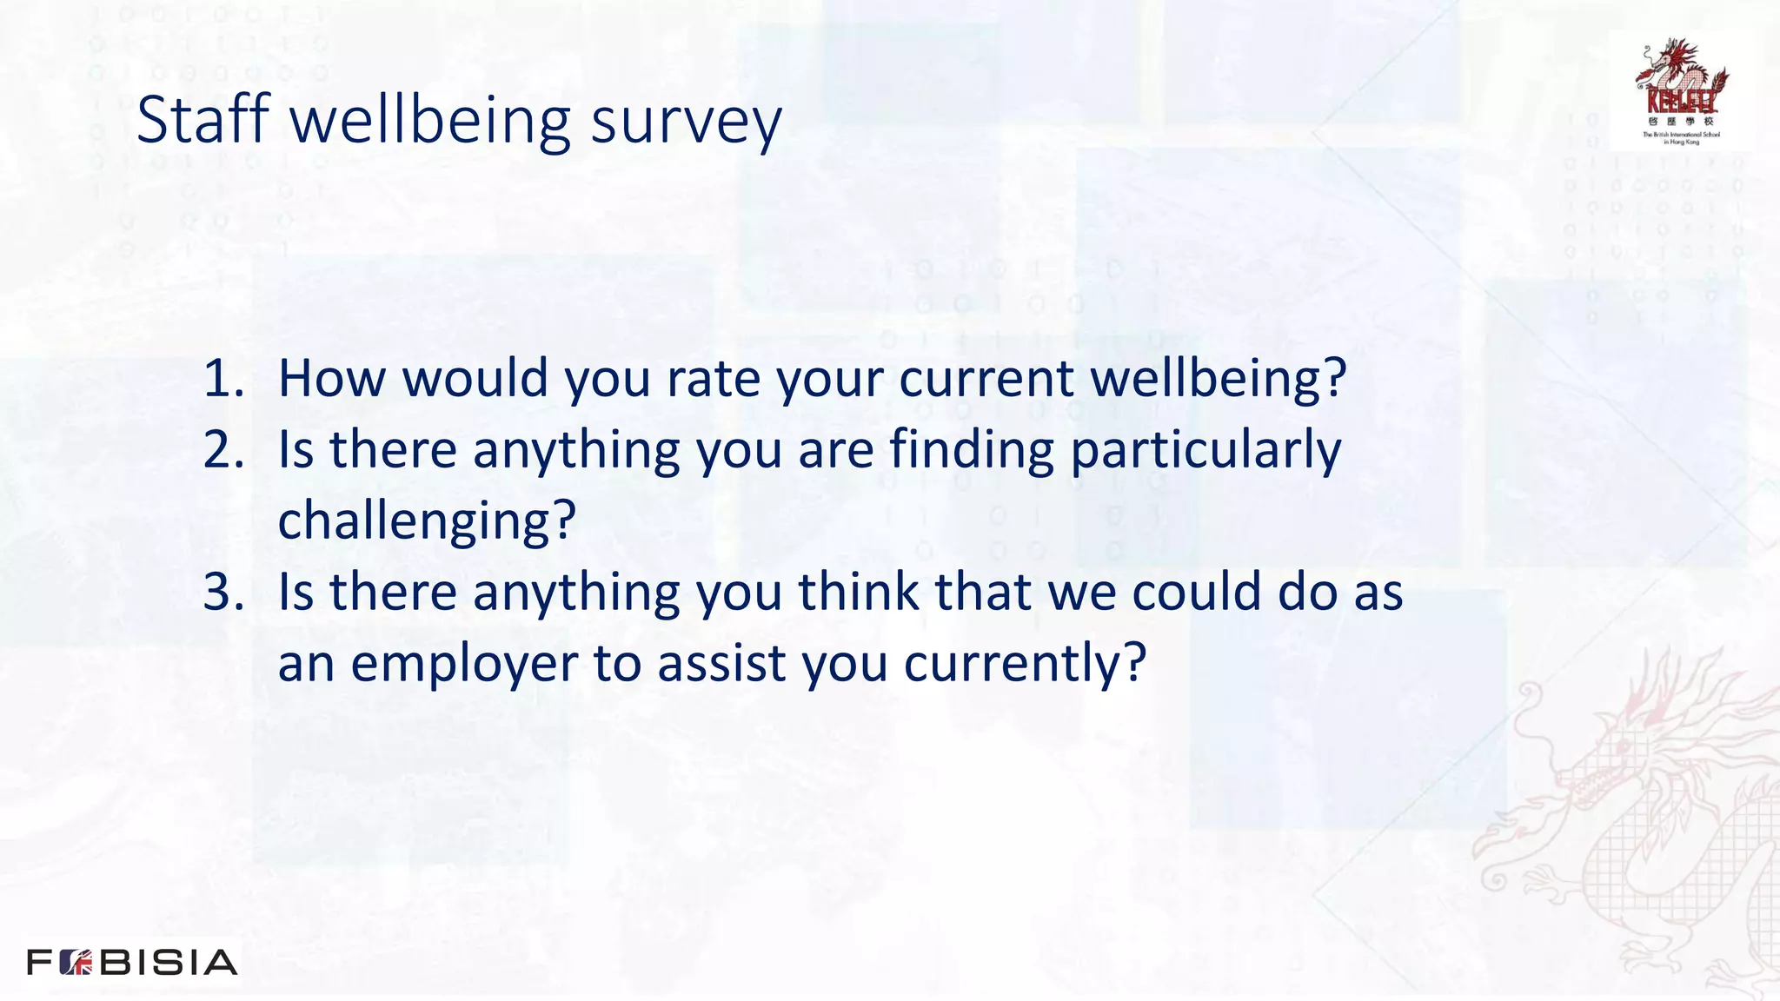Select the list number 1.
pos(222,379)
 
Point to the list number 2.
pos(222,450)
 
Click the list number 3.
pos(222,593)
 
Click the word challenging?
pos(427,521)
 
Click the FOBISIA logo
pos(132,963)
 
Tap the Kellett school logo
pos(1681,90)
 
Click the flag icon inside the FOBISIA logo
pos(76,963)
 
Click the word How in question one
pos(331,379)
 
